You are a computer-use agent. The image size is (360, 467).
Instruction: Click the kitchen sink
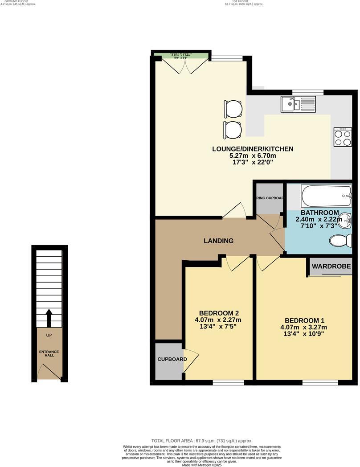tap(298, 105)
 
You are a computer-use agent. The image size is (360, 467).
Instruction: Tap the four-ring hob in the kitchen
tap(343, 137)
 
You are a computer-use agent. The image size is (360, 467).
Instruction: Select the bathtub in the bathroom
tap(327, 195)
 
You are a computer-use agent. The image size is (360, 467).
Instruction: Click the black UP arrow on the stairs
tap(49, 318)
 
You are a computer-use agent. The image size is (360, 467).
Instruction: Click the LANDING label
tap(218, 241)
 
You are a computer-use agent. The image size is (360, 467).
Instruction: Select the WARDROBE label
tap(331, 266)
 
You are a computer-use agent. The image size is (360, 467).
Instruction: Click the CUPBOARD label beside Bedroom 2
tap(172, 359)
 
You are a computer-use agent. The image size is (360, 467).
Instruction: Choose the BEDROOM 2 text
tap(219, 312)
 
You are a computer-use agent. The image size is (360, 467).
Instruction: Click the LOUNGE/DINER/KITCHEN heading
tap(253, 149)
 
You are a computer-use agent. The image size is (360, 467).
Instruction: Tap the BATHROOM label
tap(319, 213)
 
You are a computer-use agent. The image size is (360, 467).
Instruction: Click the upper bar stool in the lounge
tap(233, 108)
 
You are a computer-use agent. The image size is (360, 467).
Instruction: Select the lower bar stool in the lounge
tap(233, 129)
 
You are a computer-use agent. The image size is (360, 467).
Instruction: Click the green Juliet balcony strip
tap(181, 55)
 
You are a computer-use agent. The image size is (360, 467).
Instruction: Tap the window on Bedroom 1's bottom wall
tap(320, 382)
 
